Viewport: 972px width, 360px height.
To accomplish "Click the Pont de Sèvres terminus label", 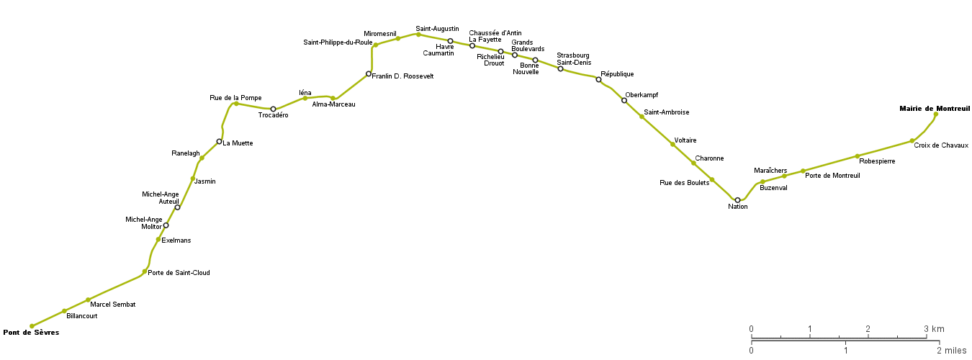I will [x=31, y=333].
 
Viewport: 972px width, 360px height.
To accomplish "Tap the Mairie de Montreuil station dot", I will [x=936, y=114].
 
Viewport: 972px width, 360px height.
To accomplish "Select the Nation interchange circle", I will [x=737, y=200].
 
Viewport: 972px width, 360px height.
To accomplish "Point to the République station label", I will [x=617, y=74].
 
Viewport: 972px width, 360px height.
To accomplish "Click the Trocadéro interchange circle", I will [x=273, y=109].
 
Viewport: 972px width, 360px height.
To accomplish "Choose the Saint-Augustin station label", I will [x=437, y=29].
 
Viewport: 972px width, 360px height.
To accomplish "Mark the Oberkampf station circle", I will [x=624, y=101].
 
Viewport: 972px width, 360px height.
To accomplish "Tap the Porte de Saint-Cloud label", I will [x=179, y=273].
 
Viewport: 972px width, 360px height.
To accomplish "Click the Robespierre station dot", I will [x=858, y=156].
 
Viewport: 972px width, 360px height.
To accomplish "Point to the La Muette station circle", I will [x=219, y=141].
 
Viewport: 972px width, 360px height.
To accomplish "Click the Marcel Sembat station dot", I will [x=88, y=300].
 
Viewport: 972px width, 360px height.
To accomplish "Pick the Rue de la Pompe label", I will [x=235, y=97].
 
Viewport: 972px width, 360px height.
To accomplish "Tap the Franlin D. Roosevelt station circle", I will [x=369, y=73].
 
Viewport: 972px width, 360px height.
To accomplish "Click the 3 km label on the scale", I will [x=935, y=329].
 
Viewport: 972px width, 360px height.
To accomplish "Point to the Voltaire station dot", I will [x=672, y=145].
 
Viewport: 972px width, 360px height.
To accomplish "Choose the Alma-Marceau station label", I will [x=333, y=104].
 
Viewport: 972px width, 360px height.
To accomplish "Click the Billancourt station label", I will [x=81, y=316].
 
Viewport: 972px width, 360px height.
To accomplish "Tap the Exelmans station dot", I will [x=158, y=239].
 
